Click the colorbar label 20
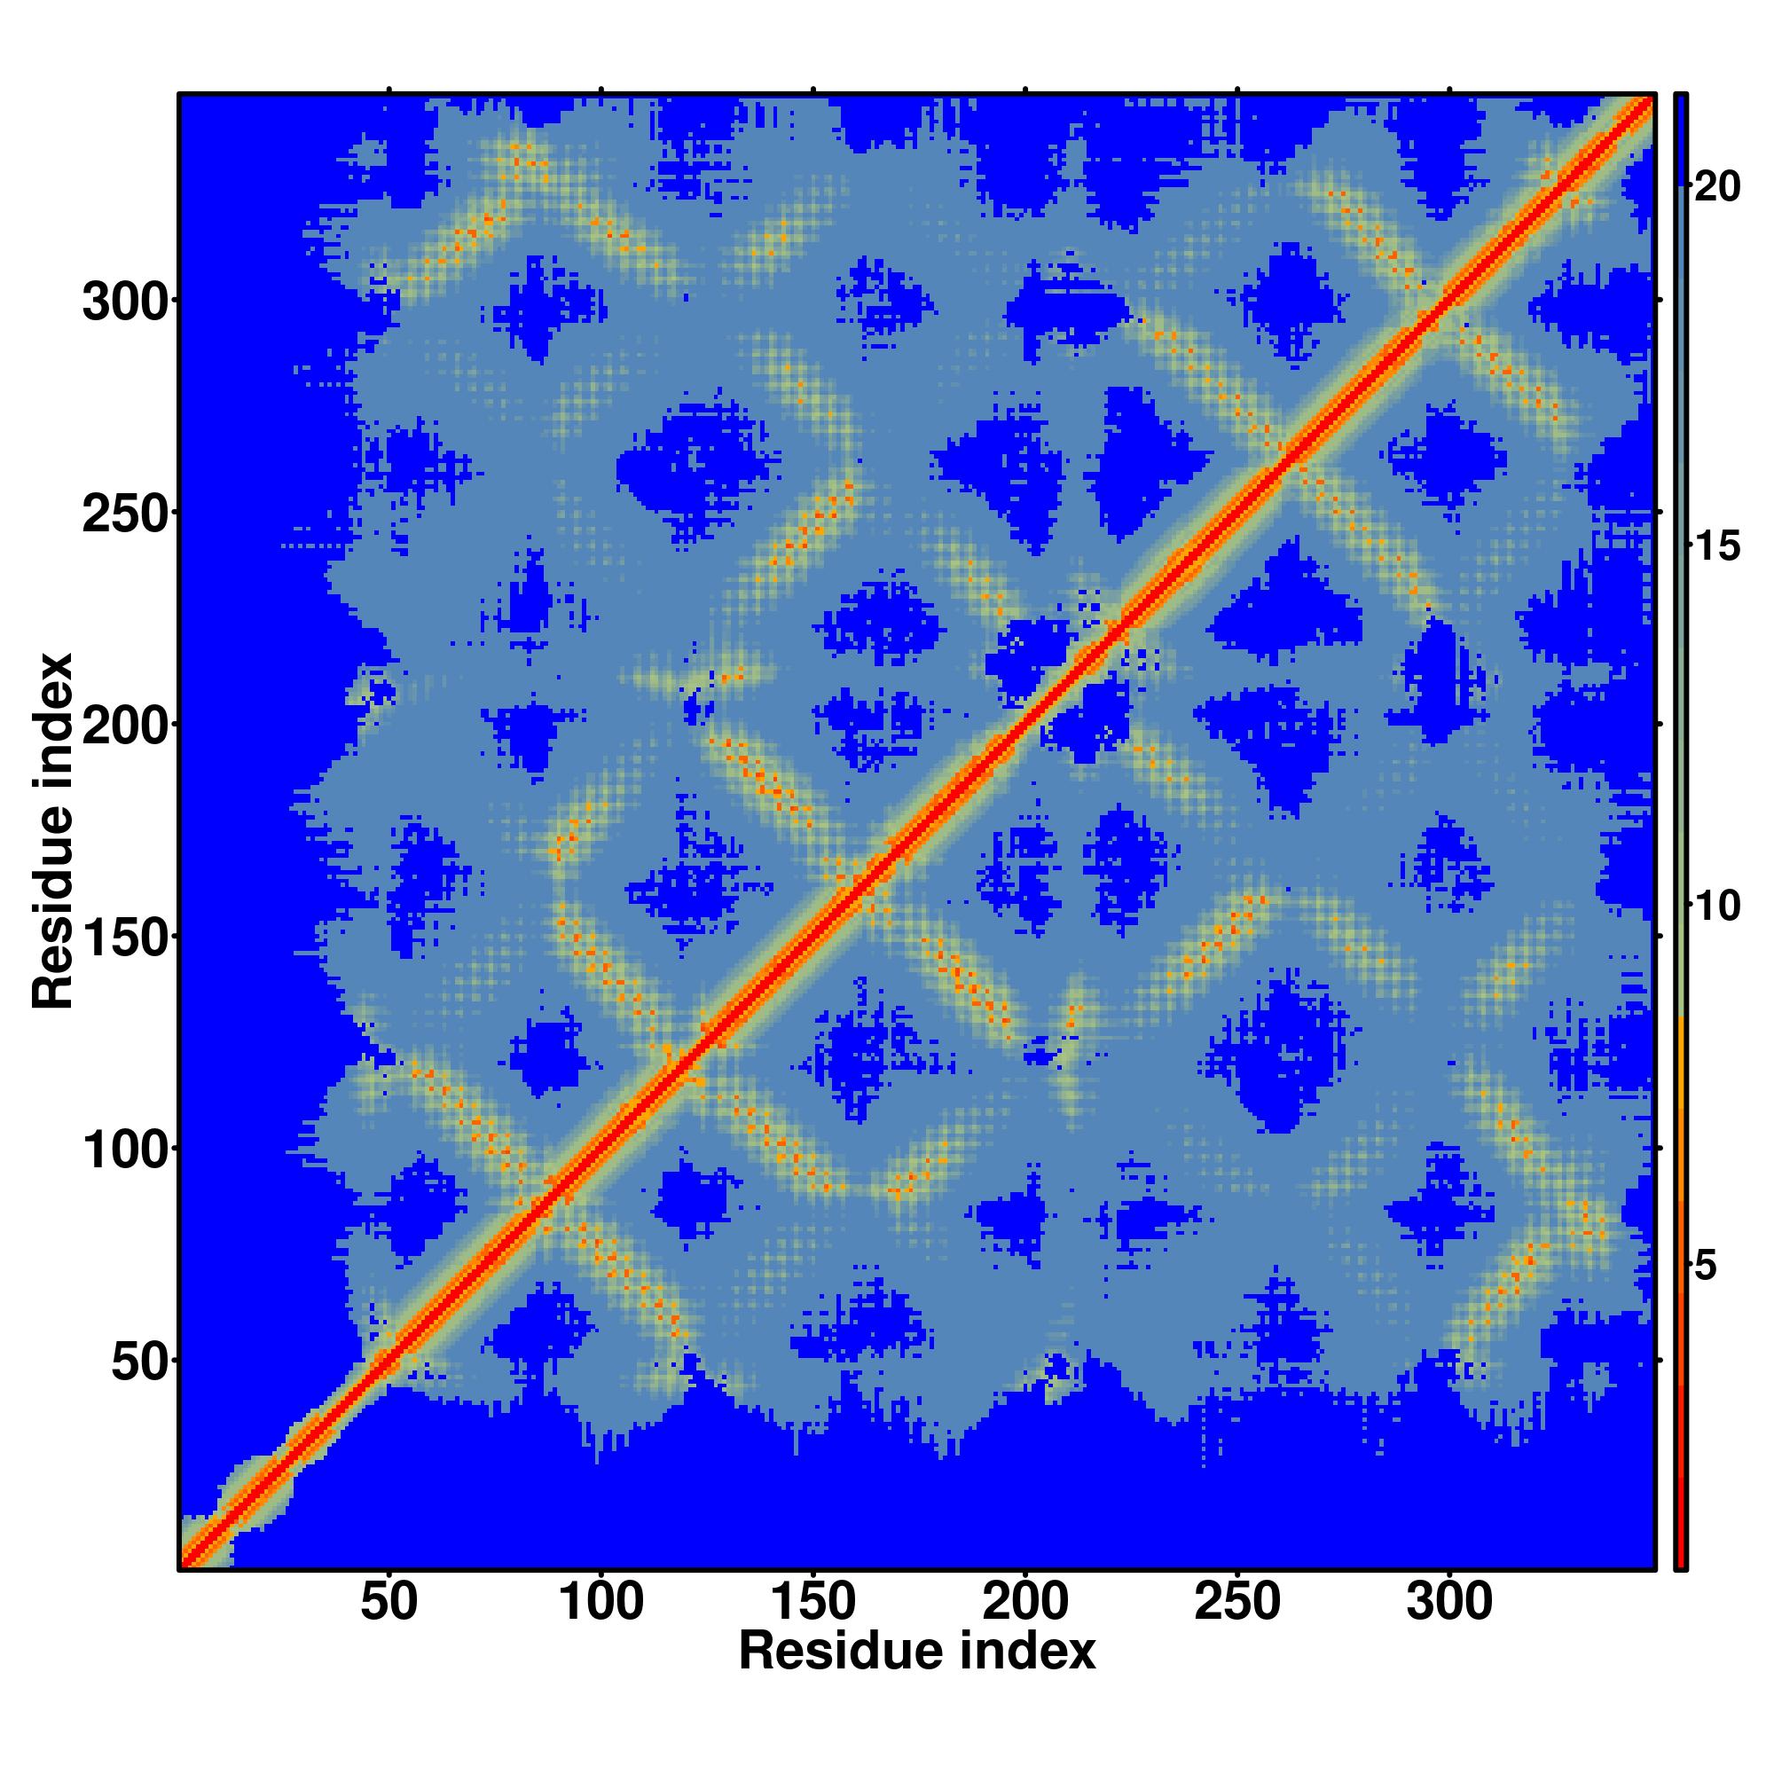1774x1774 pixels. [x=1717, y=187]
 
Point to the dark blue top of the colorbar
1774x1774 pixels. [x=1681, y=137]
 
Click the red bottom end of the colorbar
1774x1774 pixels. [x=1681, y=1551]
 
